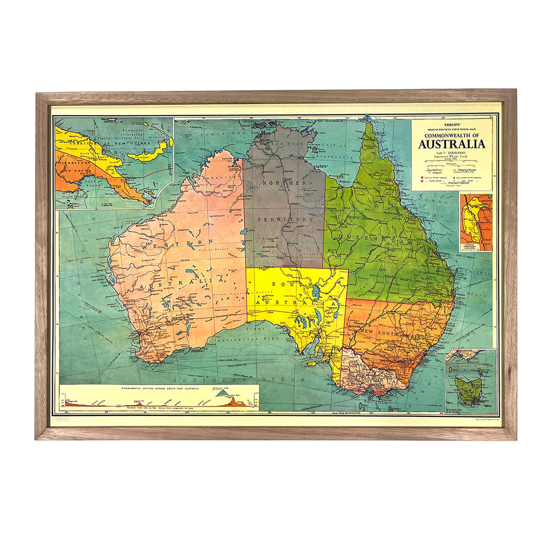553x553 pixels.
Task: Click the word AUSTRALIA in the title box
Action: pos(451,144)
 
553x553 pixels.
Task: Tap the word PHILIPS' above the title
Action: pos(451,123)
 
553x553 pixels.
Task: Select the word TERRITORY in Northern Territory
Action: pos(285,220)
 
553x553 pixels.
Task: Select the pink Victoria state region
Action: pos(367,373)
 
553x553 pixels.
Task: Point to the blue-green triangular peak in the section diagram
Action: pos(222,395)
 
